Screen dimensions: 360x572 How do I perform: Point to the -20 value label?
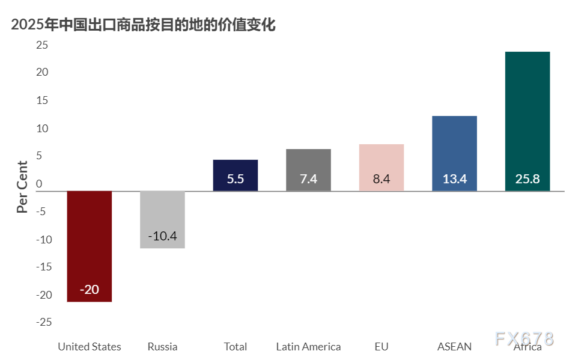[x=90, y=290]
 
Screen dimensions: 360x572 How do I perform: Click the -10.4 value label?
[x=162, y=236]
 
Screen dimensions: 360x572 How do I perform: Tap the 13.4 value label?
[x=454, y=179]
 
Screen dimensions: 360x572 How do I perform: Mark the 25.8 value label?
[x=528, y=179]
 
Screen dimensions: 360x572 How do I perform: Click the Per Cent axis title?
[x=22, y=187]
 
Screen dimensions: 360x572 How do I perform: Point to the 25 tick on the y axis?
[x=41, y=45]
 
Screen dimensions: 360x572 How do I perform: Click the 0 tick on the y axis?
[x=39, y=184]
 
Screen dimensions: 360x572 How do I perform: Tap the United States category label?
[x=89, y=347]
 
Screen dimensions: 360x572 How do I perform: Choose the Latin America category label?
[x=308, y=347]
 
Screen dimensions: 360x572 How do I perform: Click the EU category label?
[x=382, y=347]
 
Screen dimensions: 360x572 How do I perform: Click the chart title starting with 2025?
[x=143, y=25]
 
